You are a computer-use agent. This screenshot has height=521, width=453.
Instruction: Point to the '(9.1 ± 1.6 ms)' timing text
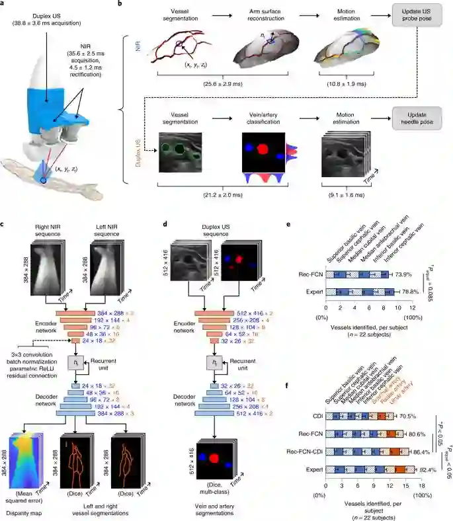point(344,196)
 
